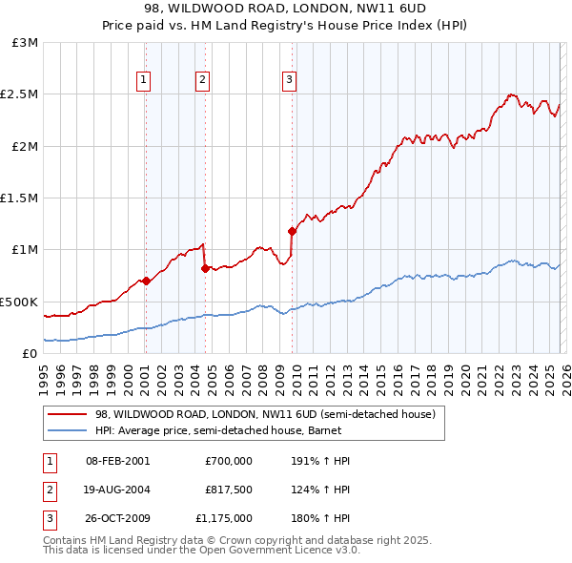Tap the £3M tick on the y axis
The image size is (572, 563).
26,43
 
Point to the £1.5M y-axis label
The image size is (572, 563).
21,198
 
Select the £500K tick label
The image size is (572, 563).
21,302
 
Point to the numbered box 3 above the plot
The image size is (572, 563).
289,81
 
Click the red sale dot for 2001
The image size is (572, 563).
146,281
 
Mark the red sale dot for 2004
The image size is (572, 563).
205,268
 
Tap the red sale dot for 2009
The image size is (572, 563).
292,231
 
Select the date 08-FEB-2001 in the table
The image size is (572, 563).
118,461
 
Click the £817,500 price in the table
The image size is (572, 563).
228,490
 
